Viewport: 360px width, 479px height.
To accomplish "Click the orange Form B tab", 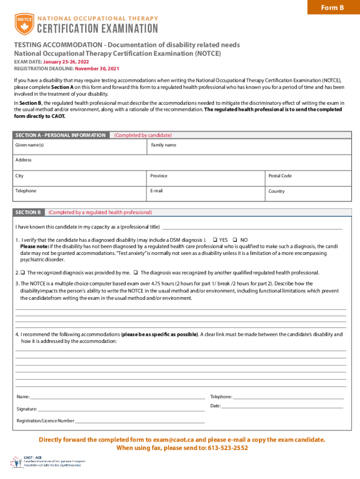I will [x=332, y=7].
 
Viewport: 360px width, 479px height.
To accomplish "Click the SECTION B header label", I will [x=28, y=212].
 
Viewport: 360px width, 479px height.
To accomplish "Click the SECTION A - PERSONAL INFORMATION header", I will [x=60, y=135].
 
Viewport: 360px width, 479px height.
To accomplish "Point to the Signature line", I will [x=122, y=409].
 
